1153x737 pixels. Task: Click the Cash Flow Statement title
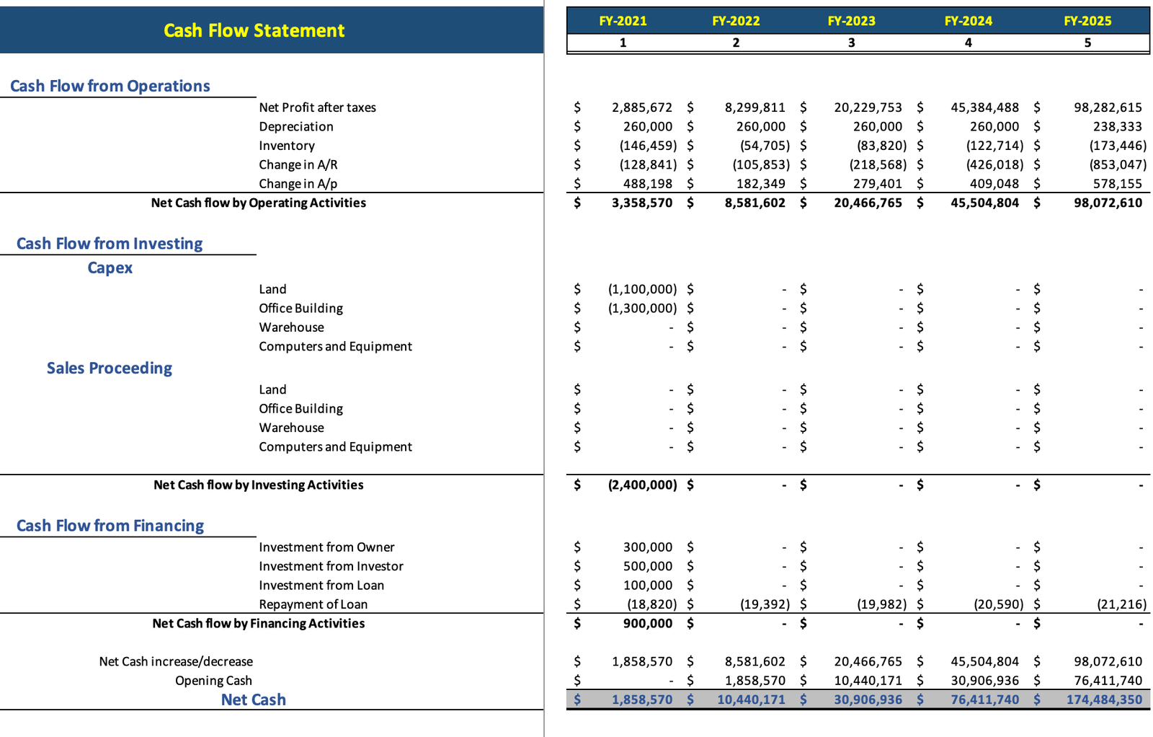click(254, 30)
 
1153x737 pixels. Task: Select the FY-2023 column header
click(851, 21)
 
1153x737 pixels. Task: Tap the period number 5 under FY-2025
click(1087, 43)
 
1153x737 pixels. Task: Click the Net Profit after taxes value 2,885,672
click(641, 107)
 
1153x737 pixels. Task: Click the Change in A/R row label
click(298, 164)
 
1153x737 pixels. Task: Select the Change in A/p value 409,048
click(994, 184)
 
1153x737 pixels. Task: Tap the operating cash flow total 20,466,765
click(868, 203)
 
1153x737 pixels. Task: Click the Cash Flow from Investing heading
click(110, 244)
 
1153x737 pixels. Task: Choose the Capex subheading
click(110, 268)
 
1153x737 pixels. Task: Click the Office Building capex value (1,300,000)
click(642, 308)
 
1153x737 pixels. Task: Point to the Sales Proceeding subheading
click(110, 368)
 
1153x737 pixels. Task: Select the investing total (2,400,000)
click(642, 485)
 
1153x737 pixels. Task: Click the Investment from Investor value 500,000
click(647, 566)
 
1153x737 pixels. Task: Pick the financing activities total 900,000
click(647, 623)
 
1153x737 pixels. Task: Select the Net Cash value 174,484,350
click(1104, 700)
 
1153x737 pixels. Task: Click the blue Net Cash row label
click(253, 700)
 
